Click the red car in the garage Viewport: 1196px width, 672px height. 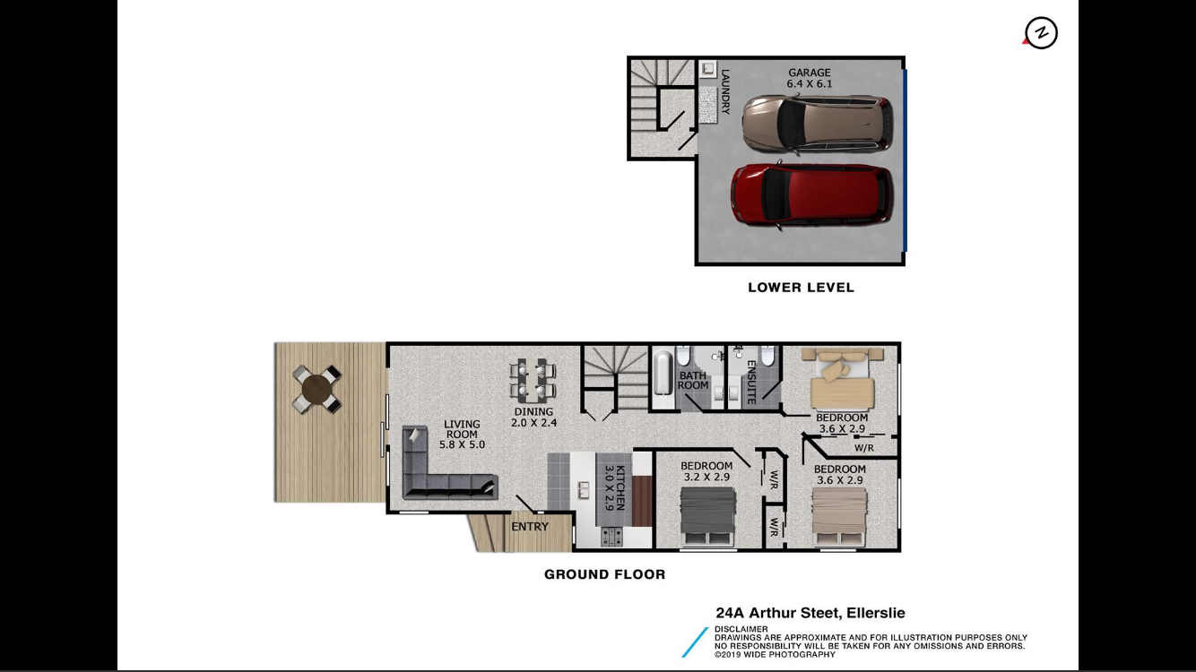[x=812, y=194]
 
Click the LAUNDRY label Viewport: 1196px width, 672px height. [x=725, y=91]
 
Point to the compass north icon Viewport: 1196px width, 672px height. [x=1041, y=33]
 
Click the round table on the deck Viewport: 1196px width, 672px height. [x=316, y=388]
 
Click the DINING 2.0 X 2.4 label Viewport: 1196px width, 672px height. [x=534, y=417]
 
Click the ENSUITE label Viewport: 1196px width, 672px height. [x=750, y=382]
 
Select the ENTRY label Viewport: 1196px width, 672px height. [x=530, y=527]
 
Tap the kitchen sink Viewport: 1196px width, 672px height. [x=584, y=490]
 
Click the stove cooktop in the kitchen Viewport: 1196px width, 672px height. [x=611, y=537]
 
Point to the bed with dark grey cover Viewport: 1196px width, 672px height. [x=707, y=517]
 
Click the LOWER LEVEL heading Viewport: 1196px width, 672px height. [x=801, y=288]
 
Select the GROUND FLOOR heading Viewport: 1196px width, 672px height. [x=605, y=575]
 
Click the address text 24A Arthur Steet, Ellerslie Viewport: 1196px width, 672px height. [x=810, y=613]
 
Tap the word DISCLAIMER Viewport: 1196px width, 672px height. [x=741, y=629]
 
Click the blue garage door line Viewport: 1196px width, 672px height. [x=905, y=160]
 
